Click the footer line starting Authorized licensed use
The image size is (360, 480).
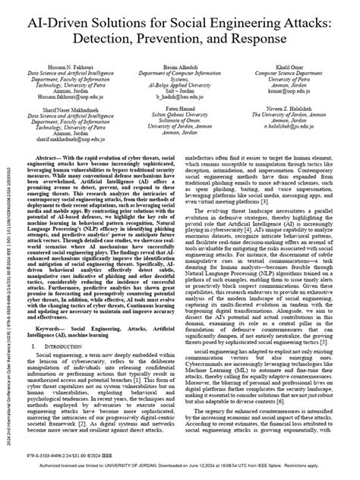[182, 474]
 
